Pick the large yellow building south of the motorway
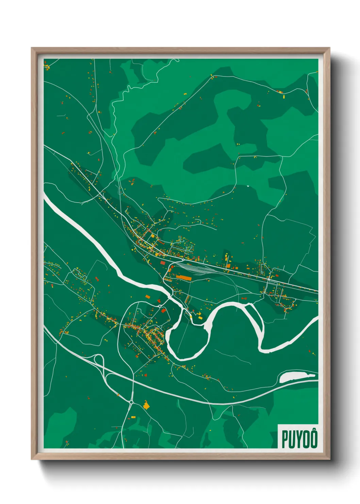click(146, 405)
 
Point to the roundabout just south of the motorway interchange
click(131, 402)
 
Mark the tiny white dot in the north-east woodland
click(248, 186)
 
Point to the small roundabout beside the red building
click(160, 306)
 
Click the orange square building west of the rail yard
click(162, 263)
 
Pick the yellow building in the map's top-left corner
click(48, 67)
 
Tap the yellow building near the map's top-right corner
click(284, 97)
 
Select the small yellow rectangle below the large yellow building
click(133, 416)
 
